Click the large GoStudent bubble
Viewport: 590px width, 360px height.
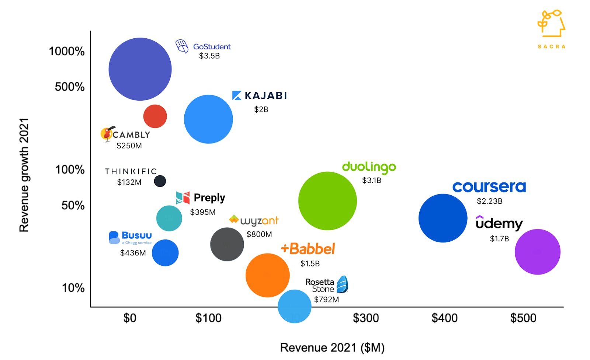(140, 69)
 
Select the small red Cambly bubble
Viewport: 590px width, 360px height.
(155, 116)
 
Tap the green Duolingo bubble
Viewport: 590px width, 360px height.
(327, 201)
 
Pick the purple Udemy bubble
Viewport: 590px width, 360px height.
(537, 252)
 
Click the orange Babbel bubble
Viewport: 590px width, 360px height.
(267, 275)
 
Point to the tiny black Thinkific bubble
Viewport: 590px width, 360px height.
(160, 181)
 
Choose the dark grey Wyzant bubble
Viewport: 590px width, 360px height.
(227, 244)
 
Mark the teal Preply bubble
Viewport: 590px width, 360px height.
(169, 218)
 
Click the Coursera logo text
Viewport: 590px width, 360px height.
(489, 187)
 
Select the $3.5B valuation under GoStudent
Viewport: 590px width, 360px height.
(209, 56)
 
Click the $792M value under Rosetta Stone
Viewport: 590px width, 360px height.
(326, 300)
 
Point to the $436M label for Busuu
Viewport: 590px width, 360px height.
(133, 253)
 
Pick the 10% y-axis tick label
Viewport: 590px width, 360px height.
(73, 288)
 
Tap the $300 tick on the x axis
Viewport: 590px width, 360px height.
(365, 318)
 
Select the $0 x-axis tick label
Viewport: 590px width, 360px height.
(130, 318)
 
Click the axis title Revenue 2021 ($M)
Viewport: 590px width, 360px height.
(332, 347)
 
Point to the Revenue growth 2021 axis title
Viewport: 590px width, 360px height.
(24, 175)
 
